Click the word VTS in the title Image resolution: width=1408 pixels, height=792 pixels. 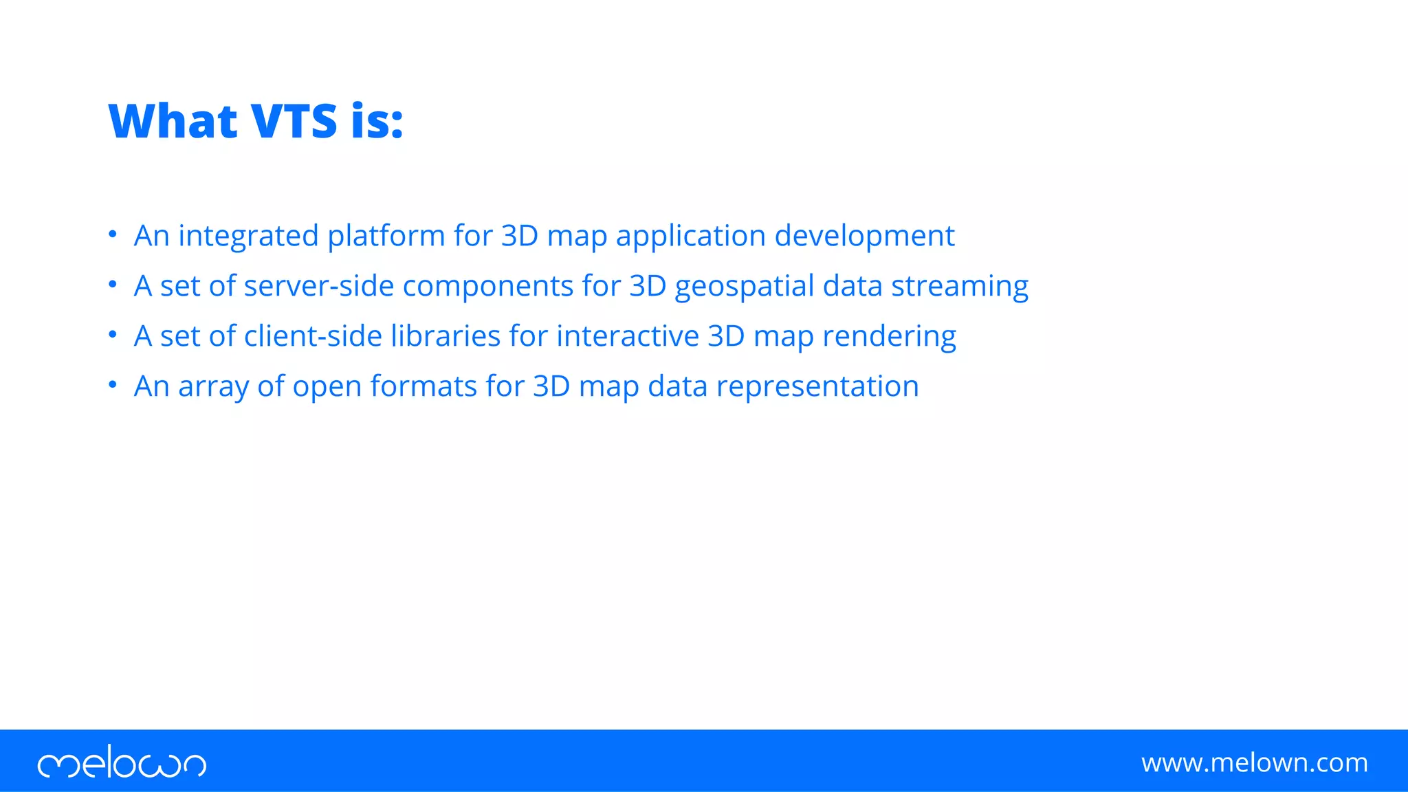(294, 122)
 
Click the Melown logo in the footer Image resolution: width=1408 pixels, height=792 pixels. (122, 762)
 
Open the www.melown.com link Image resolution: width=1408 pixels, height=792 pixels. (1254, 762)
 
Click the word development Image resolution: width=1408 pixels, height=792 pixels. (864, 236)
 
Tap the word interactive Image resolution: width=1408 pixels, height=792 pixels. (628, 336)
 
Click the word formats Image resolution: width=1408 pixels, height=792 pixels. (423, 386)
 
